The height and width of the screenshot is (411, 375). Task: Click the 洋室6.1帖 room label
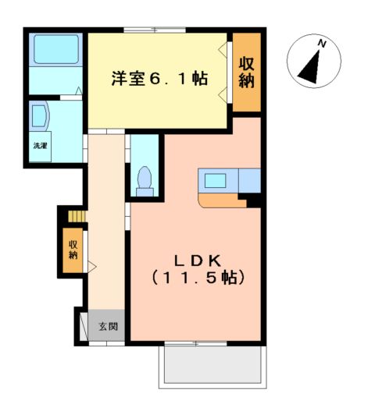pyautogui.click(x=159, y=79)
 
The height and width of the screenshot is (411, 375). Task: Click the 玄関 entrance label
pyautogui.click(x=108, y=327)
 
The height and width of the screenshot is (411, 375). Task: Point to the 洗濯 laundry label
pyautogui.click(x=39, y=146)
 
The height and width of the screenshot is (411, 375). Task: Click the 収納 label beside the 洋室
pyautogui.click(x=247, y=73)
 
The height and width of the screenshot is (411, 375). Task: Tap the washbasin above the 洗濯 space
pyautogui.click(x=38, y=119)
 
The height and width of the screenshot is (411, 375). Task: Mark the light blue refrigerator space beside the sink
pyautogui.click(x=249, y=180)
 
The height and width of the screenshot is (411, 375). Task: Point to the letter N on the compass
pyautogui.click(x=320, y=44)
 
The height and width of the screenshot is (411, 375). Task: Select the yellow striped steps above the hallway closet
pyautogui.click(x=74, y=216)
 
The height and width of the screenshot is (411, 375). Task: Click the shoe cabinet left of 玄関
pyautogui.click(x=80, y=327)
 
